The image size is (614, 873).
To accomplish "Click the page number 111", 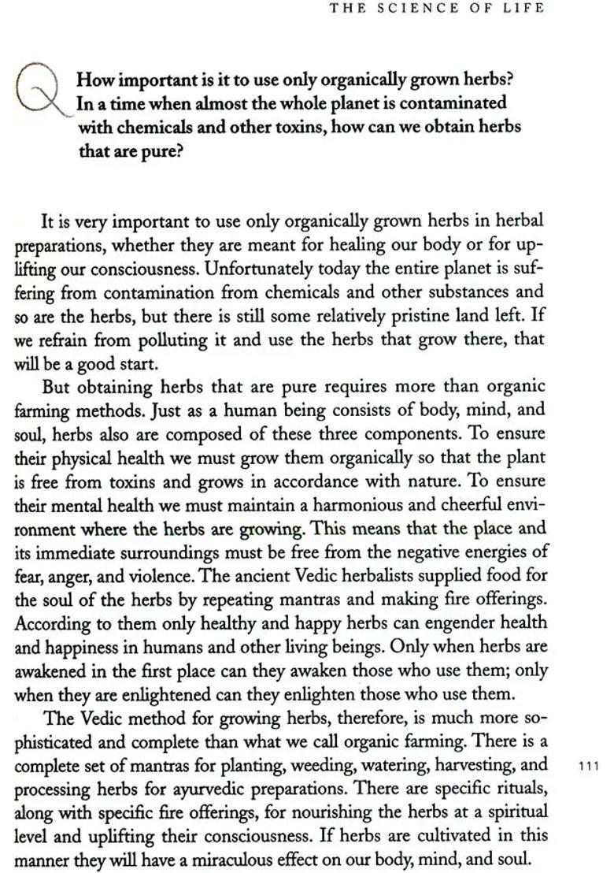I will click(588, 765).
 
